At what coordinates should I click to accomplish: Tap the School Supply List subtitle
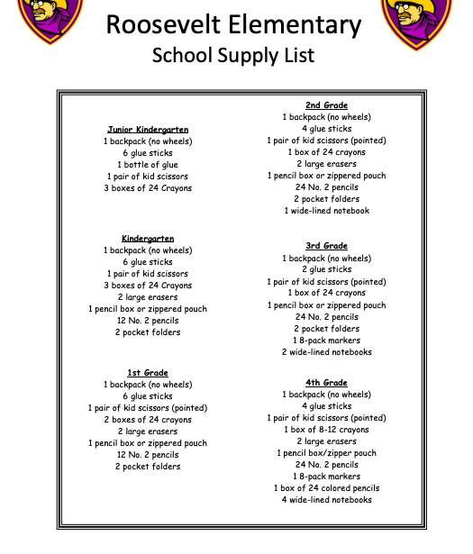point(233,55)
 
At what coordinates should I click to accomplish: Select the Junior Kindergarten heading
point(148,130)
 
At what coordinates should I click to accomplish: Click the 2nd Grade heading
point(326,105)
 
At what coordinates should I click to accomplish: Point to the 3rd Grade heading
point(326,246)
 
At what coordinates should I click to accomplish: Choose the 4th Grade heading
point(326,383)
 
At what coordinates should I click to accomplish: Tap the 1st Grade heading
point(148,373)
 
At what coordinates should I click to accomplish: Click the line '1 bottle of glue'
point(148,165)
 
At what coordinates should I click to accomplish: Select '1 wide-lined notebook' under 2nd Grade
point(326,211)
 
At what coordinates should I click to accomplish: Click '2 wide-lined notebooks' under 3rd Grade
point(326,352)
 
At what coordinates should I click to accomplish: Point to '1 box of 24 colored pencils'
point(326,488)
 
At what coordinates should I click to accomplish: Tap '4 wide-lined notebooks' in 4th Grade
point(326,500)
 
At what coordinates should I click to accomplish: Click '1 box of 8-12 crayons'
point(326,430)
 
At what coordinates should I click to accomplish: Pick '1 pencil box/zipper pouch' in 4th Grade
point(326,453)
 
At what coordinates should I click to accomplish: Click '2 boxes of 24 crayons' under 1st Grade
point(148,420)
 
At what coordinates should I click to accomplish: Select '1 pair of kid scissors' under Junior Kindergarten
point(148,177)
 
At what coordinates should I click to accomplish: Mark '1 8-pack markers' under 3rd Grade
point(326,341)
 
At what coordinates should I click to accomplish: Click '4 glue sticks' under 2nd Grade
point(326,129)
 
